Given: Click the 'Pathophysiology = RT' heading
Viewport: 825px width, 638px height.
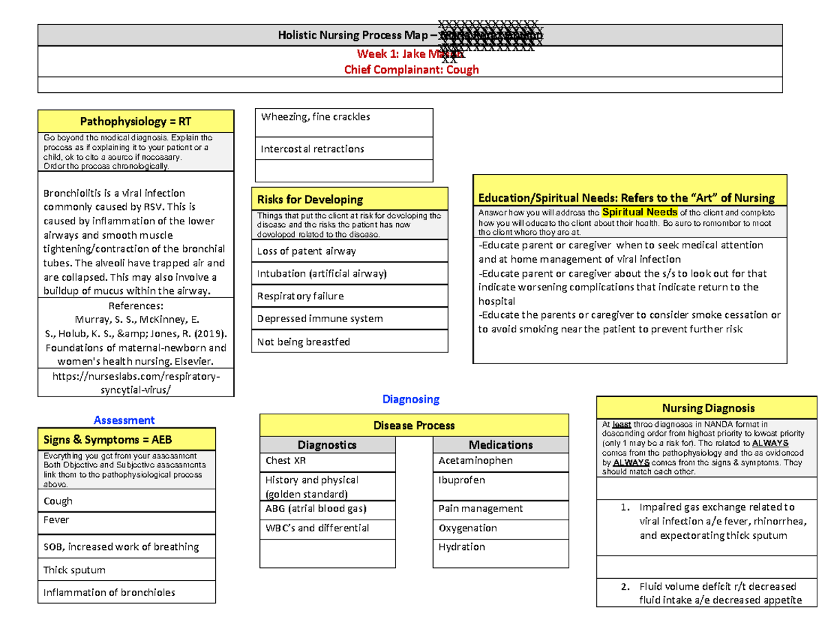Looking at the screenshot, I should coord(136,122).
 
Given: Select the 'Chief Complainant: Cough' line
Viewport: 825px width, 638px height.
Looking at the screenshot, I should coord(410,70).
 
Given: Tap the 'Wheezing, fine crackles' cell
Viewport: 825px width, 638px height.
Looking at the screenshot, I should coord(316,117).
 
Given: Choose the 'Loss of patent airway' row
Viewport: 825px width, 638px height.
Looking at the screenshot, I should coord(307,251).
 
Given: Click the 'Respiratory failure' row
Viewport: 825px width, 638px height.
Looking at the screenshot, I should coord(300,296).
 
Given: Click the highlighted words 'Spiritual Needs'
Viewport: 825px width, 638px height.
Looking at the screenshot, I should coord(639,211).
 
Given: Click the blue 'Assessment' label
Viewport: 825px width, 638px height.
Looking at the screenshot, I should coord(124,419).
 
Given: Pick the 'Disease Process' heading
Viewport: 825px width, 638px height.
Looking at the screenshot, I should coord(414,425).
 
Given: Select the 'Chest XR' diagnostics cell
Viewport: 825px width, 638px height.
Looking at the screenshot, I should coord(283,460).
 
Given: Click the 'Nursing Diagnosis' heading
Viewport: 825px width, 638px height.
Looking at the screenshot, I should coord(707,407).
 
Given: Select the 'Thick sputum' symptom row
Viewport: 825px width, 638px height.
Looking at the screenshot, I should coord(74,570).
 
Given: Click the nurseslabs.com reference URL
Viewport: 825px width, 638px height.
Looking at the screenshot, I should coord(136,383).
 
